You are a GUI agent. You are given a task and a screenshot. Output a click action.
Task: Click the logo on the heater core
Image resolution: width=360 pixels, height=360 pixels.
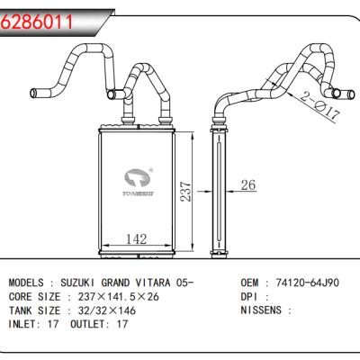(138, 180)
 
